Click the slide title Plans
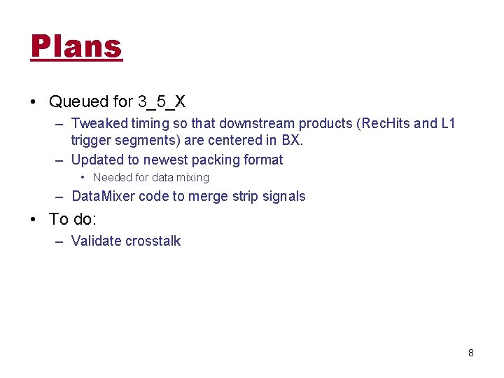[76, 47]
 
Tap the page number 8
[471, 353]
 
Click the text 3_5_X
[162, 102]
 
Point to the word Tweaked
[99, 124]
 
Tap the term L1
[448, 124]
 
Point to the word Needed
[113, 178]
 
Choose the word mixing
[193, 178]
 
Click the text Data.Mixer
[103, 196]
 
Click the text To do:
[73, 219]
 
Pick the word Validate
[96, 241]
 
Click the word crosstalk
[153, 241]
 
